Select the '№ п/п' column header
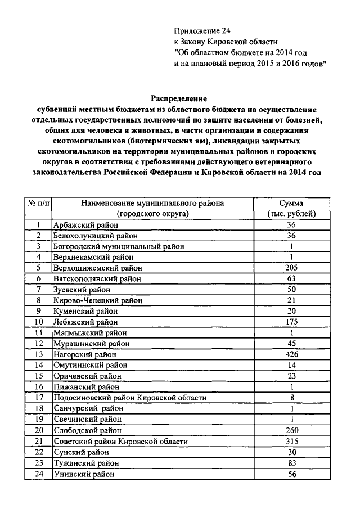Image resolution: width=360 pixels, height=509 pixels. (38, 203)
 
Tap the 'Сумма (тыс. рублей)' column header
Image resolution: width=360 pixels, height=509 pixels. (291, 208)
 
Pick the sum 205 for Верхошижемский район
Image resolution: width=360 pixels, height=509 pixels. (291, 268)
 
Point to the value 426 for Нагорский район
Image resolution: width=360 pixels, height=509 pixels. (291, 354)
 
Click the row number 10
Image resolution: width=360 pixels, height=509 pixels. (38, 322)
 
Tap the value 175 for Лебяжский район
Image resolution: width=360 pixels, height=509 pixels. (291, 322)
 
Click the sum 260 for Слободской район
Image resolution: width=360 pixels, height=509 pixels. (291, 430)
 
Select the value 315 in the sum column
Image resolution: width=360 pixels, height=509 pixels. (291, 441)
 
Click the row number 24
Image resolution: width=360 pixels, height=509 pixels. (38, 474)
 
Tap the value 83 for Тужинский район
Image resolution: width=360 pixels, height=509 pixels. (291, 462)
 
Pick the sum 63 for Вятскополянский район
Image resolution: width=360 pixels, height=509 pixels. (291, 278)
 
